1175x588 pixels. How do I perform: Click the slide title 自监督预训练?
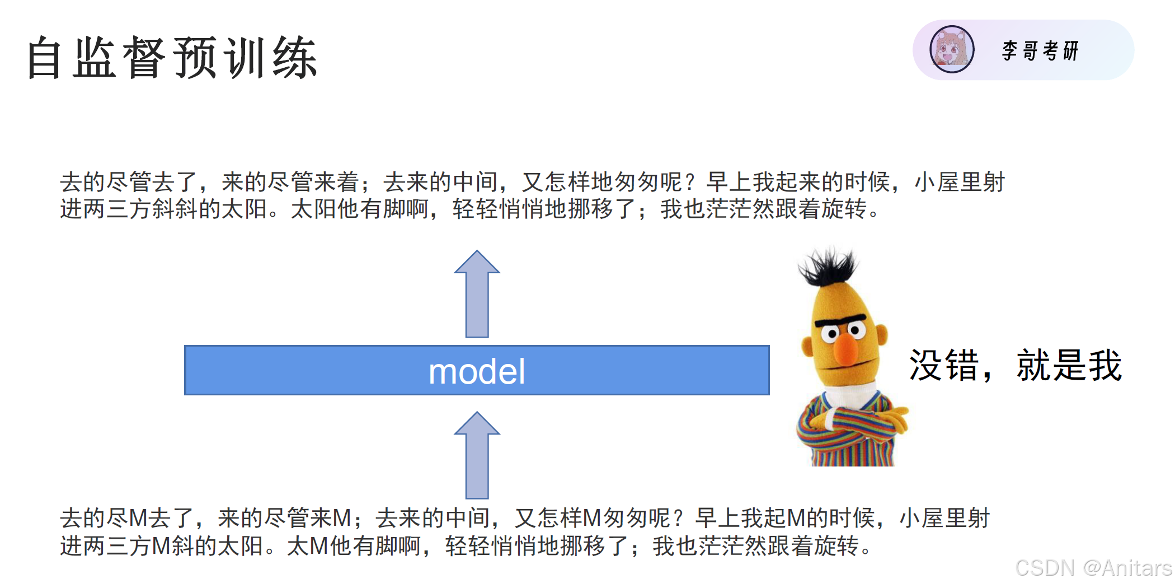(x=172, y=57)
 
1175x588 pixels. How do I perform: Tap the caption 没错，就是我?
(x=1015, y=365)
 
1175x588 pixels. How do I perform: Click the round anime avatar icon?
(x=952, y=49)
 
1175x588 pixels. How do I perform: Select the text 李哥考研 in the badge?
(x=1040, y=50)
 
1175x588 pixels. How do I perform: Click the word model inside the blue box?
(x=477, y=371)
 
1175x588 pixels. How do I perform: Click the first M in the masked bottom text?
(x=138, y=518)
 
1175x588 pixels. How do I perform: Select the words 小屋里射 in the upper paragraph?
(x=960, y=182)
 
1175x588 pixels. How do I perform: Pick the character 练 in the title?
(x=295, y=57)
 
